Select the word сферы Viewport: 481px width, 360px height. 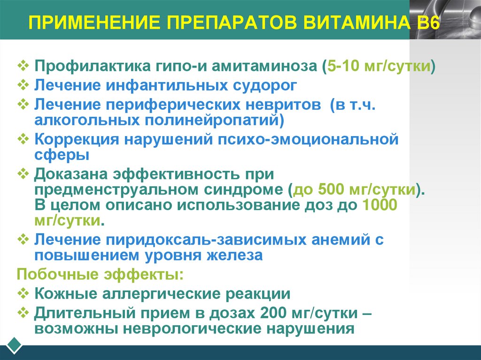click(x=62, y=154)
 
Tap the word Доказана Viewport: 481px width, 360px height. click(x=70, y=174)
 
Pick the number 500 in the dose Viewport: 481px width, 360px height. click(x=333, y=190)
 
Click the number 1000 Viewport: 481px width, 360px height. click(x=380, y=206)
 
